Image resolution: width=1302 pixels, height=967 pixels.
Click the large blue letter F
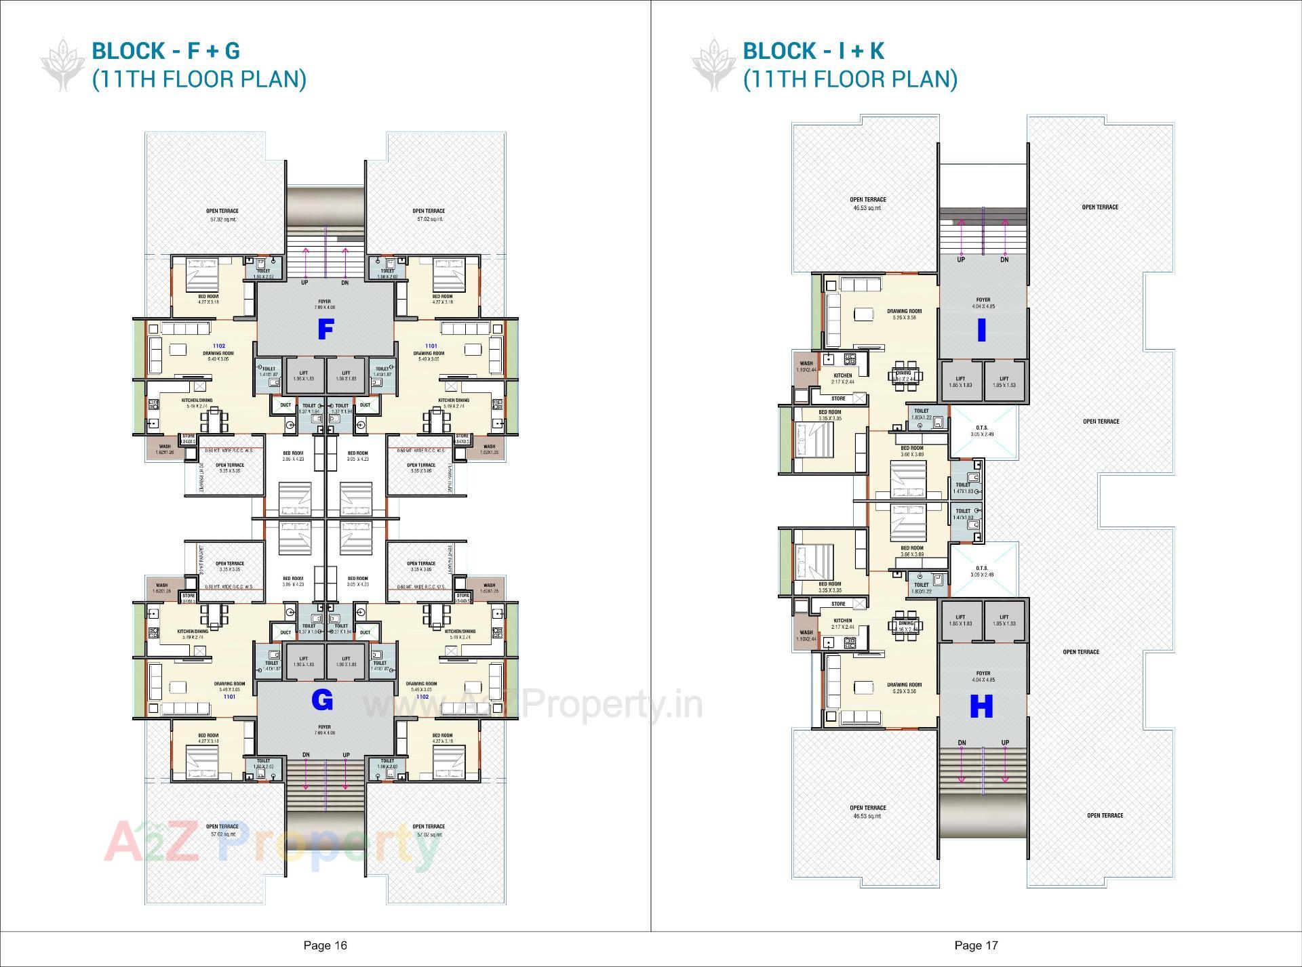326,330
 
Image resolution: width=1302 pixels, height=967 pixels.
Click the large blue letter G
323,701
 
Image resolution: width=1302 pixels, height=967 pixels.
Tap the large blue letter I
981,331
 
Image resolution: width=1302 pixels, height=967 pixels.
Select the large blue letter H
981,707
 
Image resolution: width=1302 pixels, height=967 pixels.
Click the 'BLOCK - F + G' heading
165,51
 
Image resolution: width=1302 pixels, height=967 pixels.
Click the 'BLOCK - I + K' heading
813,51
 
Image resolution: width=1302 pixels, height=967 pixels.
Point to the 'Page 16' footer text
325,945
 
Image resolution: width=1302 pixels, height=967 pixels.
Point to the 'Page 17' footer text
976,945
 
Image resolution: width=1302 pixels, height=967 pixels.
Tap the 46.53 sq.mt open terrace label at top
867,204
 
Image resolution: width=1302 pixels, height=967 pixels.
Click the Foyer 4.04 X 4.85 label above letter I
983,303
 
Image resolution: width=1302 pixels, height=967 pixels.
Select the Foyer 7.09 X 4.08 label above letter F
324,304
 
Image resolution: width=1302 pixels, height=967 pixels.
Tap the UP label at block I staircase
961,260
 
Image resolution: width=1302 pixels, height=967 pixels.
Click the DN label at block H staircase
962,743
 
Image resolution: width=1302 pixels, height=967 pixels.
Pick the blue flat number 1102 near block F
218,346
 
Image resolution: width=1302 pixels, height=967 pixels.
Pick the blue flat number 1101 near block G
229,697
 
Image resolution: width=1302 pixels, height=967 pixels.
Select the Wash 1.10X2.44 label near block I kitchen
806,367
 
